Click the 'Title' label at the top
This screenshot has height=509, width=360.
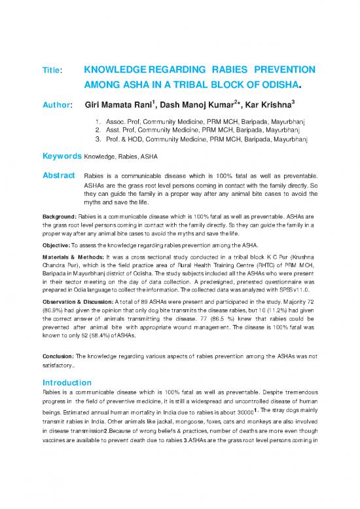tap(51, 69)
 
